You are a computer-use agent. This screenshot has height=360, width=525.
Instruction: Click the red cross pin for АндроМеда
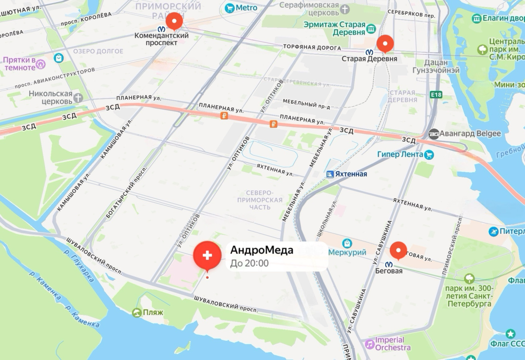tap(207, 255)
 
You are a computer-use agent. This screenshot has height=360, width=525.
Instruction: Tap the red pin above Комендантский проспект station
tap(174, 21)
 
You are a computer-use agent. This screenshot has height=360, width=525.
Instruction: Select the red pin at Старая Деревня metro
tap(385, 43)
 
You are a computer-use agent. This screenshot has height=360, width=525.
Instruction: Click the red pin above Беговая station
tap(398, 250)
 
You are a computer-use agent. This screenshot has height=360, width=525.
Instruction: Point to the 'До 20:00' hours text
tap(249, 263)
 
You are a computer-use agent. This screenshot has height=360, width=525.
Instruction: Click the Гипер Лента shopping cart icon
tap(429, 154)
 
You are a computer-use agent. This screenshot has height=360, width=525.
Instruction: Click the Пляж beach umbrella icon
tap(137, 312)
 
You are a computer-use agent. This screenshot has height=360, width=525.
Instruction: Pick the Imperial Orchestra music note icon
tap(369, 344)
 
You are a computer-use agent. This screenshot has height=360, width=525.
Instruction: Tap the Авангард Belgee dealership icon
tap(434, 134)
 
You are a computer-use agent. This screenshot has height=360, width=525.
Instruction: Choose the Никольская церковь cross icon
tap(78, 98)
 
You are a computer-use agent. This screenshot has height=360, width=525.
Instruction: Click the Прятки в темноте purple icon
tap(41, 64)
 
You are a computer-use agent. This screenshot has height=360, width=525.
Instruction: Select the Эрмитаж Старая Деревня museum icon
tap(371, 29)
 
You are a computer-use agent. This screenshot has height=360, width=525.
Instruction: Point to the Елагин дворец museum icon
tap(477, 18)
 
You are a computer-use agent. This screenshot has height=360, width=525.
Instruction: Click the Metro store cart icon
tap(229, 8)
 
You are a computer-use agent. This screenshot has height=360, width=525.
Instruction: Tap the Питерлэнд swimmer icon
tap(494, 231)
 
